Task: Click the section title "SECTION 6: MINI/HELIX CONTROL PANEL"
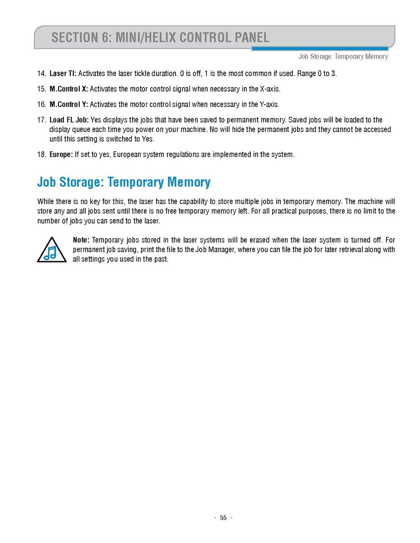[x=161, y=37]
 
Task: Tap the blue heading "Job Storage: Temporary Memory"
[x=123, y=182]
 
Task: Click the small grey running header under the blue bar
[x=343, y=57]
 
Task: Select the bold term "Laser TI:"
[x=63, y=73]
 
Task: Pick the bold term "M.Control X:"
[x=68, y=89]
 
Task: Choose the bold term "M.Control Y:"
[x=68, y=105]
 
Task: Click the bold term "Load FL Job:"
[x=69, y=120]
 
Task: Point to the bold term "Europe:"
[x=61, y=155]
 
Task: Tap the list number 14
[x=41, y=73]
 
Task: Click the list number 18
[x=41, y=155]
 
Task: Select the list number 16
[x=41, y=105]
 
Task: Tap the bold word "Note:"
[x=81, y=240]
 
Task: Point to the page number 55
[x=223, y=518]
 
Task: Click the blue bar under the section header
[x=320, y=48]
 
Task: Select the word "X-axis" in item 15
[x=270, y=89]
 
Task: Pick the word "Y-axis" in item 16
[x=269, y=105]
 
